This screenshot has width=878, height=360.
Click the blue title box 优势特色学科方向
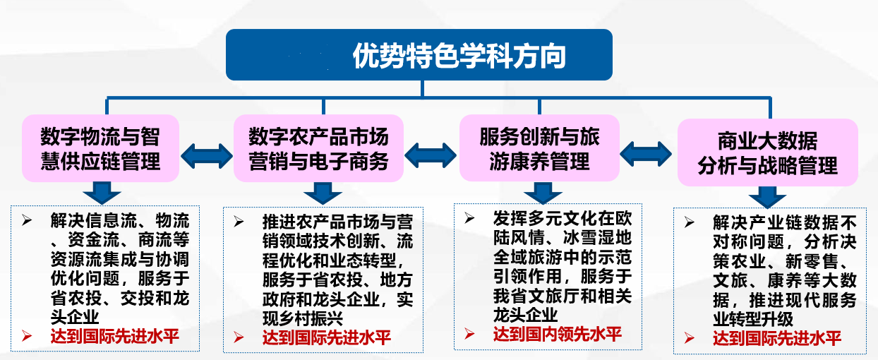point(419,54)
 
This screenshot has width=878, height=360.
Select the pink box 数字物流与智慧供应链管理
point(100,148)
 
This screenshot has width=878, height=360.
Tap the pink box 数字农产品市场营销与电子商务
point(318,148)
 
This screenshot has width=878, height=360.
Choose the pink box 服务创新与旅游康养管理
point(539,148)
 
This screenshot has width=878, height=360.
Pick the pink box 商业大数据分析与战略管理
point(767,152)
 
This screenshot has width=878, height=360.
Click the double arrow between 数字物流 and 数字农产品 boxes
point(207,156)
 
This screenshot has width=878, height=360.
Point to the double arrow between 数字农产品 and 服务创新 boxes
point(431,155)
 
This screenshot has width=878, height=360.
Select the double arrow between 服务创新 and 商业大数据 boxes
point(646,154)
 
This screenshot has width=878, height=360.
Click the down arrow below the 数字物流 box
point(102,193)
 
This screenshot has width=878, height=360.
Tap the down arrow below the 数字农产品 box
point(323,193)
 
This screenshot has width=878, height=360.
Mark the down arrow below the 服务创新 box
point(543,192)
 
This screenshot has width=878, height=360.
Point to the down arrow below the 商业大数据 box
point(767,197)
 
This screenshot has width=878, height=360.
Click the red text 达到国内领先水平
point(558,334)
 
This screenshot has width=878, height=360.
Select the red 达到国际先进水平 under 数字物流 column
point(115,336)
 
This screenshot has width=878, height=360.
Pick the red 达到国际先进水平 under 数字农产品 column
point(327,337)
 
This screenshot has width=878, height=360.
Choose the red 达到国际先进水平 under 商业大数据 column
point(777,338)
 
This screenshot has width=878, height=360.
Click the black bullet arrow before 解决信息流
point(27,220)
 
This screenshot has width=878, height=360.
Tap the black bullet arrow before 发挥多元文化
point(469,218)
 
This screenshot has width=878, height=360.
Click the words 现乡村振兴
point(303,318)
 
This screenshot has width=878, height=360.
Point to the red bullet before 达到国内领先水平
point(469,334)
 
